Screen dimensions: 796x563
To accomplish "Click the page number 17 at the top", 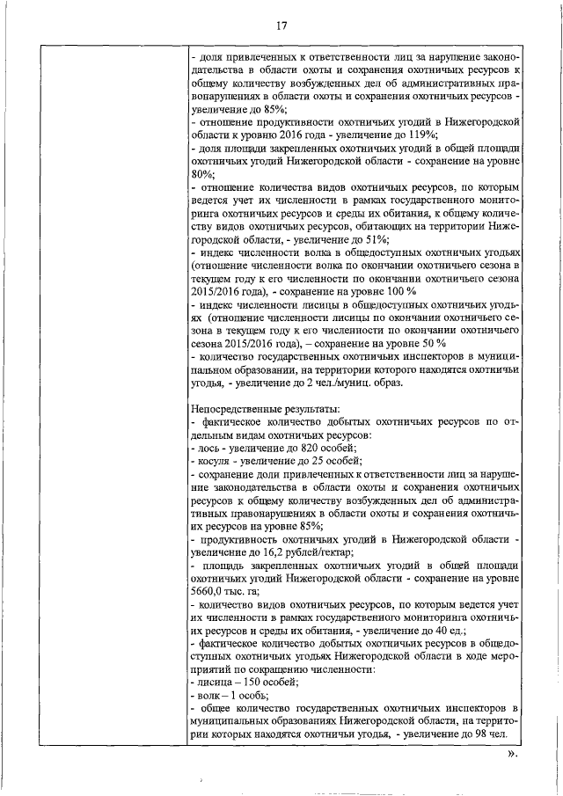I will tap(281, 26).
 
